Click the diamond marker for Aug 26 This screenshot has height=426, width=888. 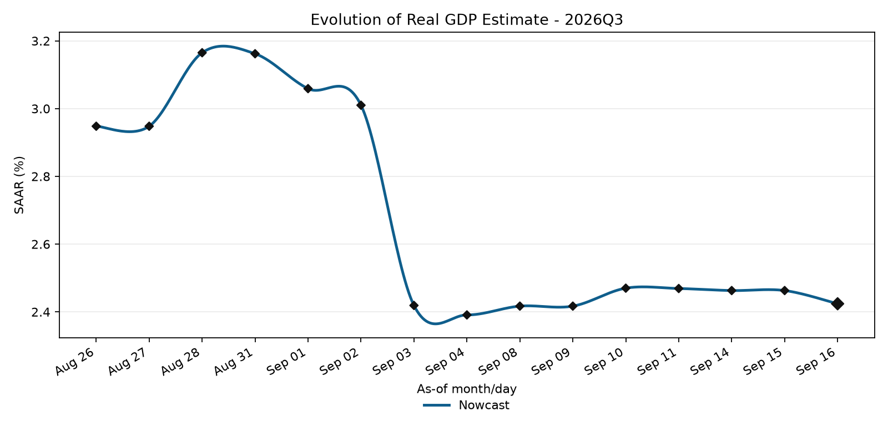[x=96, y=126]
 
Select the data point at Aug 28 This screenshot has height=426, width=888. [x=202, y=53]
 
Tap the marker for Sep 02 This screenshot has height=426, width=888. [x=361, y=105]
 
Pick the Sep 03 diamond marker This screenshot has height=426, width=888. [x=414, y=306]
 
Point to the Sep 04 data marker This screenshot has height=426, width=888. [x=467, y=315]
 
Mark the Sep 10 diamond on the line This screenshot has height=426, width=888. [x=625, y=288]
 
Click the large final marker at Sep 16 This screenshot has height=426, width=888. [x=837, y=304]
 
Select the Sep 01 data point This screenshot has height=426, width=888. [x=308, y=89]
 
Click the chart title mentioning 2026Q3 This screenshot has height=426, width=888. [x=467, y=20]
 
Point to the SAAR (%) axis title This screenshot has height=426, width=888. [x=19, y=185]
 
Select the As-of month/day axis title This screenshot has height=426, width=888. [x=467, y=389]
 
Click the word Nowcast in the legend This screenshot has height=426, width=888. [x=484, y=405]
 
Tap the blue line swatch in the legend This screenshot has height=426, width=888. [x=437, y=405]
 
